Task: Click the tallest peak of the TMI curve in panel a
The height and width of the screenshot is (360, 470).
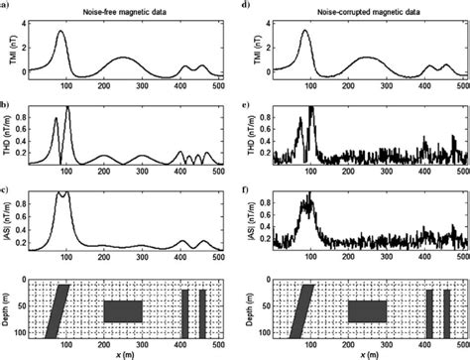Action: [61, 32]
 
